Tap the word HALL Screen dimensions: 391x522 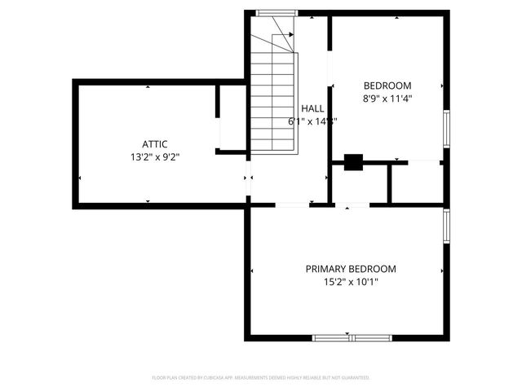pyautogui.click(x=312, y=108)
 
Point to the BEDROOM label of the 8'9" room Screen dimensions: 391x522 pyautogui.click(x=387, y=86)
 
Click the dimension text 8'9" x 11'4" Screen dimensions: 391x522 pyautogui.click(x=387, y=99)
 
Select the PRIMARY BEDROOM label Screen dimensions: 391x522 pyautogui.click(x=351, y=269)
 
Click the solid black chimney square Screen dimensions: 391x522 pyautogui.click(x=353, y=162)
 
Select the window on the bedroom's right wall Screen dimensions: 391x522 pyautogui.click(x=446, y=128)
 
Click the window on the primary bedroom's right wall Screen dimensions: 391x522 pyautogui.click(x=446, y=226)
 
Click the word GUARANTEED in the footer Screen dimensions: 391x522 pyautogui.click(x=355, y=378)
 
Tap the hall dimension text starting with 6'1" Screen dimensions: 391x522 pyautogui.click(x=312, y=121)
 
